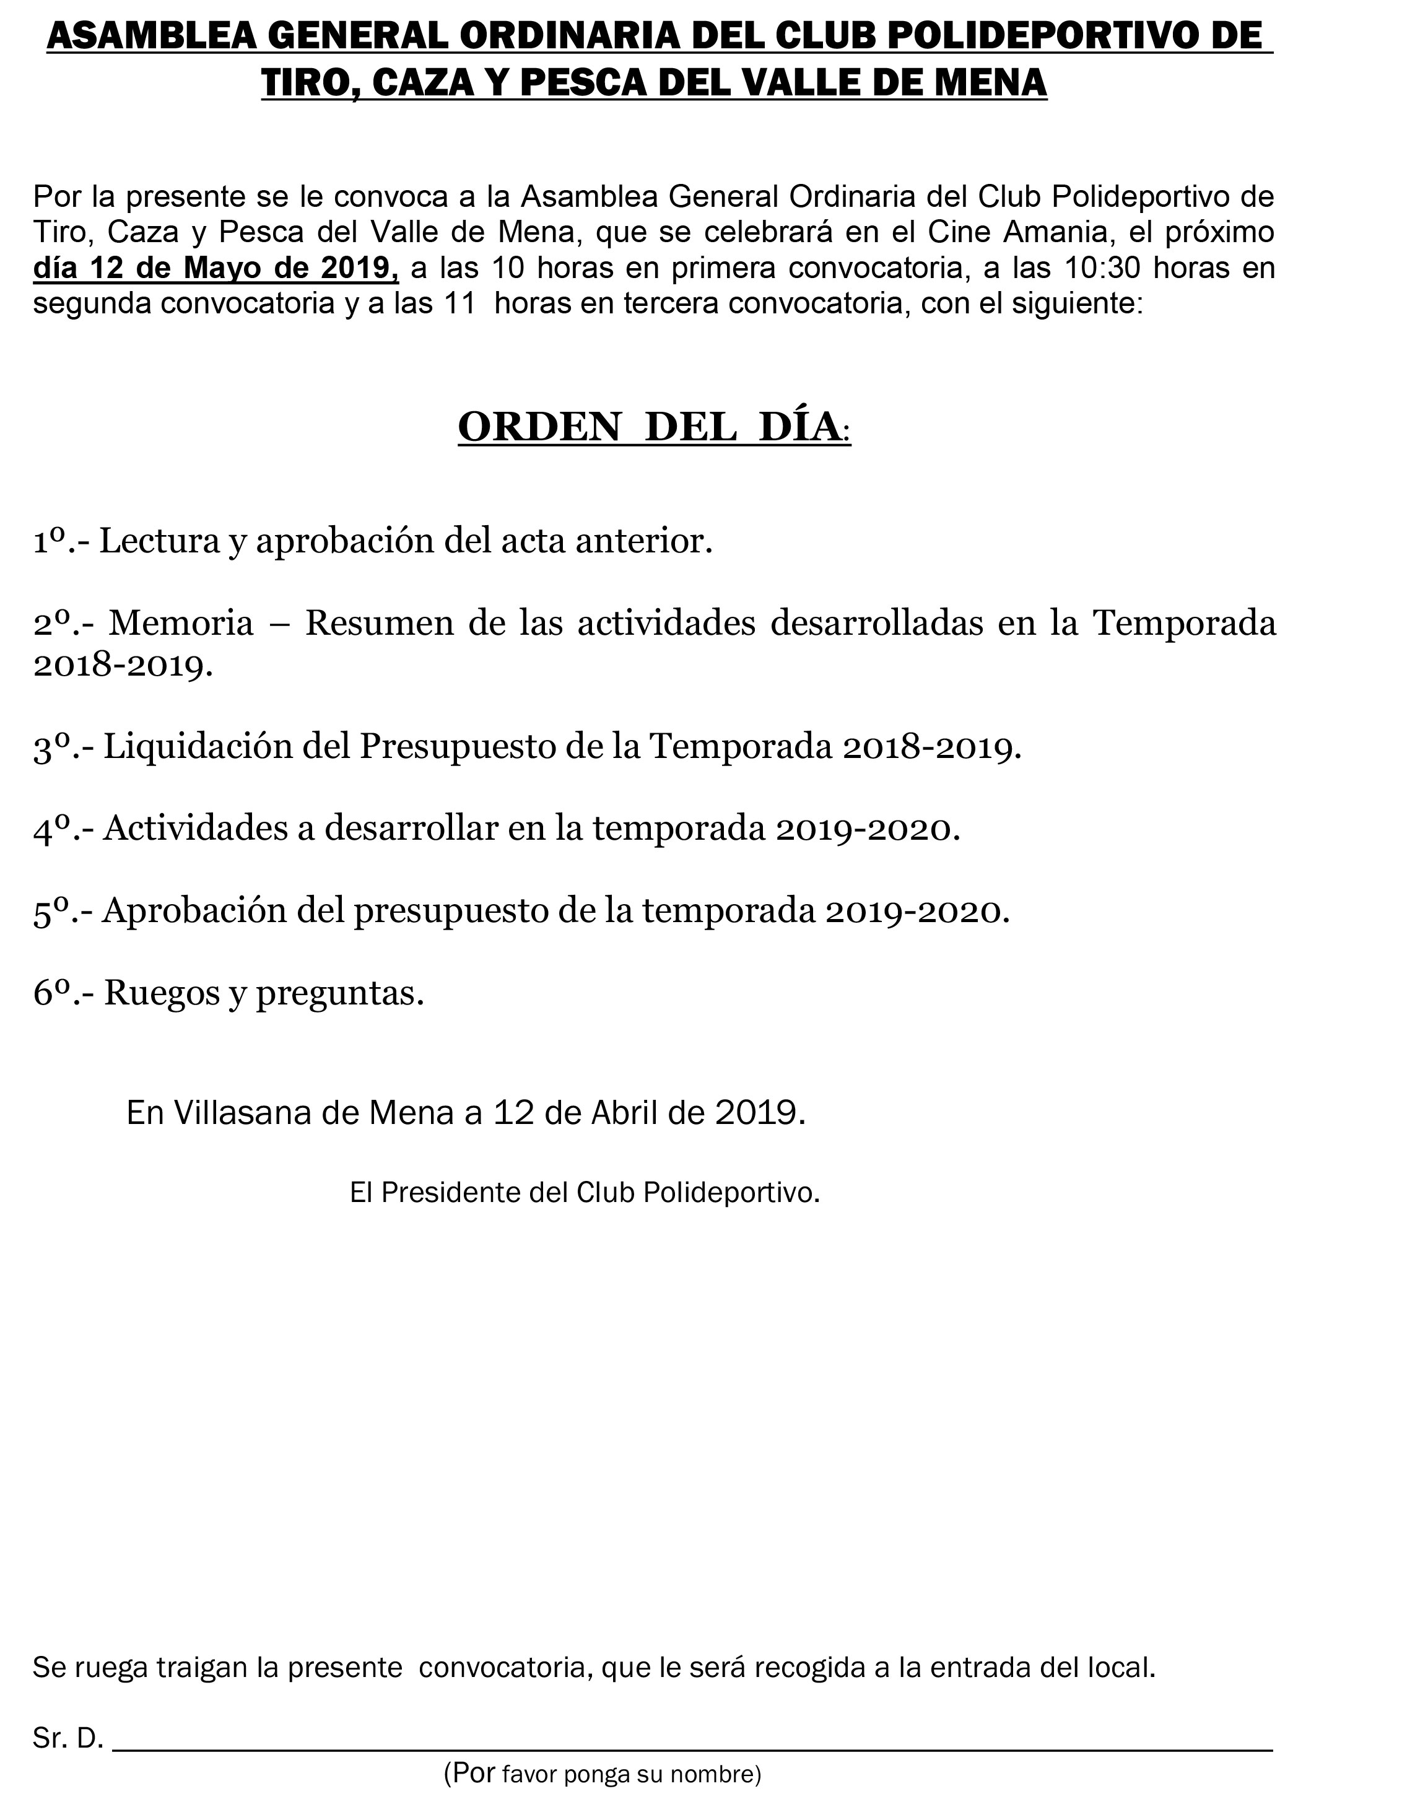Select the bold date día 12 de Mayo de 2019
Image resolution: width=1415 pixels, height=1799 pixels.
click(216, 268)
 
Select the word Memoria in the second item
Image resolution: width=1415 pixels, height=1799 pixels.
click(181, 624)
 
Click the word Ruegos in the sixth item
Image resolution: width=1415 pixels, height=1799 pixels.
click(156, 993)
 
